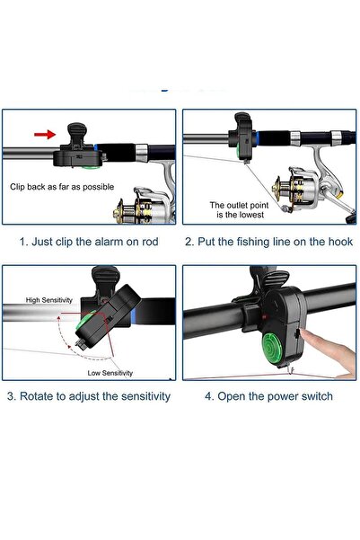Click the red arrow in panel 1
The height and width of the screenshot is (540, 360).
coord(45,134)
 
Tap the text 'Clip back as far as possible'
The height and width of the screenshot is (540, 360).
coord(62,187)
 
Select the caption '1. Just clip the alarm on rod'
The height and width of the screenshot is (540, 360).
coord(89,242)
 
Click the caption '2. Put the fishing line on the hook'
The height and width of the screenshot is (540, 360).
coord(268,242)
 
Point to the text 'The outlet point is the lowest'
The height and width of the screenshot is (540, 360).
coord(240,209)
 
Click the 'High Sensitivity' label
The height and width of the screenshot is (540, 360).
coord(49,300)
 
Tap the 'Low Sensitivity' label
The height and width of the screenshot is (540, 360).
coord(110,373)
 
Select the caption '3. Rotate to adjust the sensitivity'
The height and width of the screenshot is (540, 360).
coord(89,396)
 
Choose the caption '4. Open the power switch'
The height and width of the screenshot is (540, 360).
coord(268,396)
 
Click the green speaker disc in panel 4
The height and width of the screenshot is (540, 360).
coord(272,347)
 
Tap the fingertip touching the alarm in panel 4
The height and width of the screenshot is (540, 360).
coord(304,333)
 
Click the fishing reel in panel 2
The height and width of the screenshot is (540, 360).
coord(310,188)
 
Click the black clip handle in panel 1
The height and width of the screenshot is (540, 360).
coord(77,134)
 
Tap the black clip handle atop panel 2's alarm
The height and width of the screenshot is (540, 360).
coord(243,120)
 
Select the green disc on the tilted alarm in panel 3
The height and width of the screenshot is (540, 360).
coord(85,321)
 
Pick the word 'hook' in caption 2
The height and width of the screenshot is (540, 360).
coord(341,242)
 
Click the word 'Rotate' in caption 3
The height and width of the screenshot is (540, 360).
coord(35,396)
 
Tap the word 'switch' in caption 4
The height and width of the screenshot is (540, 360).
coord(317,396)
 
